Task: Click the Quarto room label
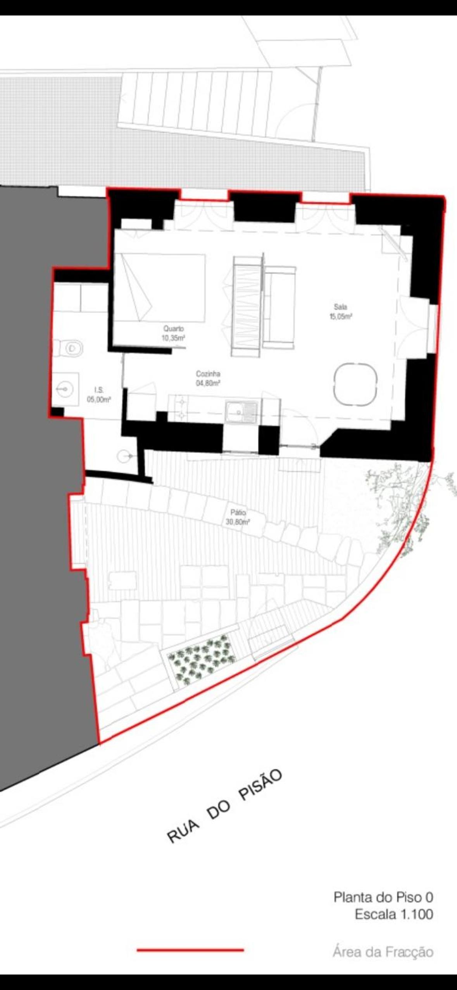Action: point(174,328)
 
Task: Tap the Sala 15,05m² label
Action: point(341,312)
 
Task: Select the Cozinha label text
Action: point(208,374)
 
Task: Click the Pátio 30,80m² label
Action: point(238,517)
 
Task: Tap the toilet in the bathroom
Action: point(69,348)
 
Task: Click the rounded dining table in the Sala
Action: point(355,384)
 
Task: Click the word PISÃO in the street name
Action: point(260,785)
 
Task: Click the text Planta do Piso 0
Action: point(383,897)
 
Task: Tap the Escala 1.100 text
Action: point(394,914)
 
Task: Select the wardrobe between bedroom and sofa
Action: point(247,306)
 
